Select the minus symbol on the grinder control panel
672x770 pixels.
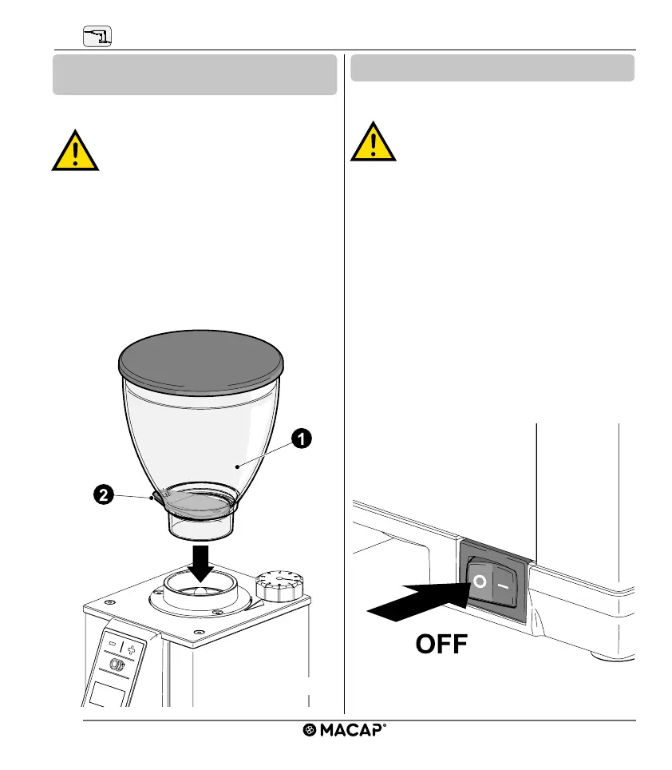(x=113, y=642)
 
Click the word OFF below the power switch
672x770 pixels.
(x=441, y=645)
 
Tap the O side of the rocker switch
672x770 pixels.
(x=479, y=581)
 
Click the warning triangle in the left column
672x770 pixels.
(x=75, y=151)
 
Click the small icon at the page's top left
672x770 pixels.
(x=97, y=36)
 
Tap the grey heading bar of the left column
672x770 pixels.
(x=194, y=74)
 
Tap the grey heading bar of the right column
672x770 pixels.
(x=492, y=68)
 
